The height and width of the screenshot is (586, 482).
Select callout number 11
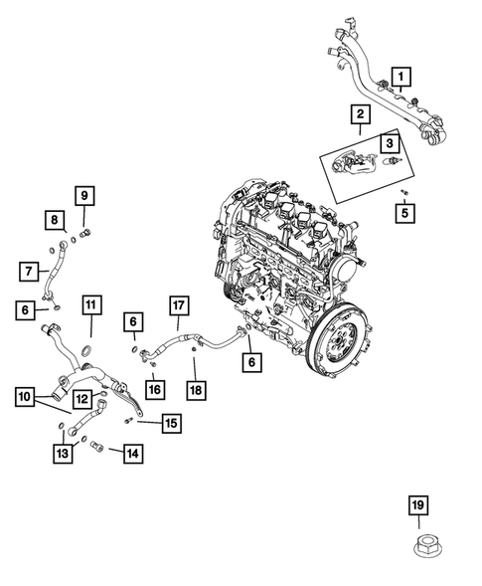pyautogui.click(x=90, y=303)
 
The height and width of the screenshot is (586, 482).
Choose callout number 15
pyautogui.click(x=171, y=424)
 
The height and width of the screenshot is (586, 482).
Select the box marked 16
pyautogui.click(x=154, y=388)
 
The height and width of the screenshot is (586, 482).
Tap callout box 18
pyautogui.click(x=197, y=389)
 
